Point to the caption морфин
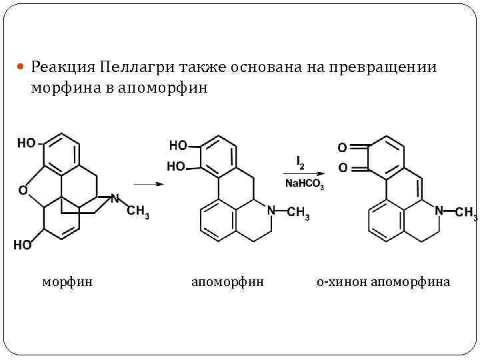pos(67,282)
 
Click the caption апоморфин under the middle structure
pos(227,282)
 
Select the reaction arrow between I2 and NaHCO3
pos(303,173)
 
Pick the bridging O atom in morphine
pos(23,191)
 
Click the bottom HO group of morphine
pos(22,245)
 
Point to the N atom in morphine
pos(115,198)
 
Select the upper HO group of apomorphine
pos(178,145)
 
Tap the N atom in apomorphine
pos(271,211)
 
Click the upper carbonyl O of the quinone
pos(343,147)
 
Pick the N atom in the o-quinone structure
pos(438,211)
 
